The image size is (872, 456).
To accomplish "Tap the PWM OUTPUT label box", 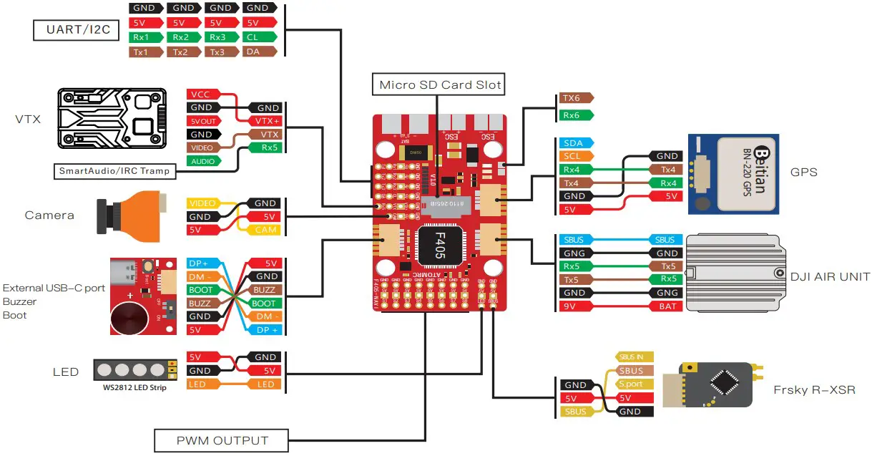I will [x=222, y=440].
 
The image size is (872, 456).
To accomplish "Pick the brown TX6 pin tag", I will [x=574, y=99].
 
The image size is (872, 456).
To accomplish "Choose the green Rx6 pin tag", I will [x=574, y=115].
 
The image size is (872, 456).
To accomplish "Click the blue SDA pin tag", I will [x=574, y=143].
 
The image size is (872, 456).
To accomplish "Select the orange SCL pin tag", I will [x=574, y=156].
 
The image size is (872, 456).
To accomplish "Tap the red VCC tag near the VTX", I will [x=202, y=94].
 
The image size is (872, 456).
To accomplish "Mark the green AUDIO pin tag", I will [x=203, y=161].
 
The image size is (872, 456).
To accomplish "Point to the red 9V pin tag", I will [x=574, y=306].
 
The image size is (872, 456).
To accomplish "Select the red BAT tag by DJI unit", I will [x=666, y=306].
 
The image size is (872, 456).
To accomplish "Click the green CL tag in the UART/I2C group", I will [x=260, y=37].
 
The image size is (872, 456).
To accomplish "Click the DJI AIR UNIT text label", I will [x=831, y=277].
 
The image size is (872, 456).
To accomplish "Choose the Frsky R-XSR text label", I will [x=814, y=390].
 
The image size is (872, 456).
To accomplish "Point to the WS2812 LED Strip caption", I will [x=134, y=387].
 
